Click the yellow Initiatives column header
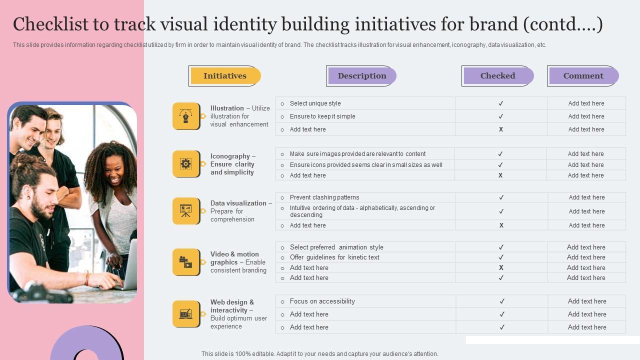(225, 76)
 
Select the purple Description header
(361, 76)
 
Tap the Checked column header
(497, 76)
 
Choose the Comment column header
(583, 76)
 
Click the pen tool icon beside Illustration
(186, 116)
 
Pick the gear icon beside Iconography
(186, 164)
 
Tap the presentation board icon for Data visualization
(186, 211)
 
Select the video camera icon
(186, 262)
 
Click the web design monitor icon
(186, 314)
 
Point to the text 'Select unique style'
(315, 103)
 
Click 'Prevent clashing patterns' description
(324, 197)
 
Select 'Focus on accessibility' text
(322, 301)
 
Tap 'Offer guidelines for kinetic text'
(334, 257)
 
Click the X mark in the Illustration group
(500, 129)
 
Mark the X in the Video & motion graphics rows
(501, 268)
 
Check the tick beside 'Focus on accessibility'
(502, 301)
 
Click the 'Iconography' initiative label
(230, 156)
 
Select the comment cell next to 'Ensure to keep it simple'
(586, 116)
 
